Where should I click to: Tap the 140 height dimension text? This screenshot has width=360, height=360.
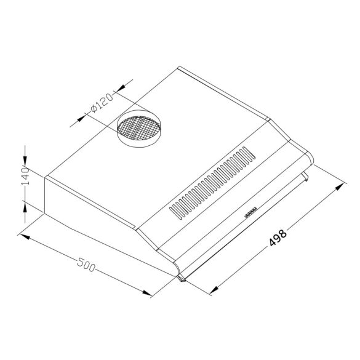(x=25, y=176)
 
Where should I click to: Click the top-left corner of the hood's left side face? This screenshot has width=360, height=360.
(x=44, y=177)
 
